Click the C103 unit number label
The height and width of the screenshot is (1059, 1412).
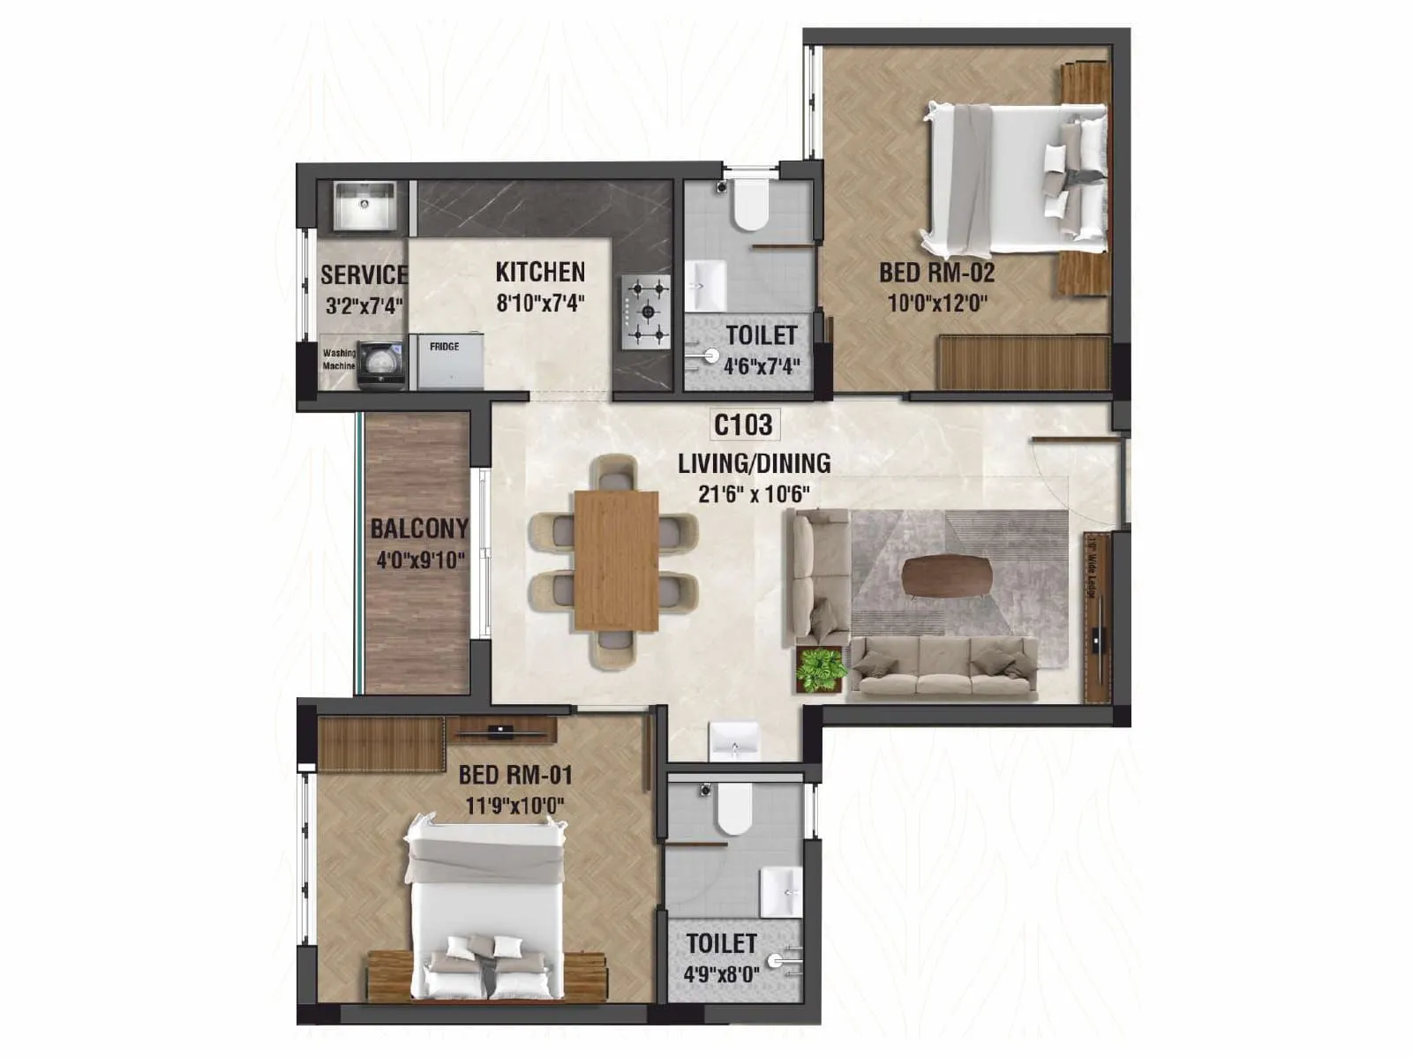(x=743, y=425)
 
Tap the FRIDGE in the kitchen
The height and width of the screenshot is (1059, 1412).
(x=450, y=361)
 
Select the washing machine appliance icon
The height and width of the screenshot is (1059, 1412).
(x=380, y=364)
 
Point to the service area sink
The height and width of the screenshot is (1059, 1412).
(x=364, y=206)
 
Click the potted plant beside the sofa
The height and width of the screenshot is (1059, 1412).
(x=820, y=668)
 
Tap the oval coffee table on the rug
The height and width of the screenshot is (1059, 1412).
(x=947, y=575)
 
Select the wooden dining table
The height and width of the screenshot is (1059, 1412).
(x=616, y=561)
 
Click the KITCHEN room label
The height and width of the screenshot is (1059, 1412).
(x=540, y=272)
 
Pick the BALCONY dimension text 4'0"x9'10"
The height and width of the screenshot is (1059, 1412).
(x=420, y=560)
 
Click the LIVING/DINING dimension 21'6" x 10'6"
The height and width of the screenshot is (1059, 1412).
(x=754, y=494)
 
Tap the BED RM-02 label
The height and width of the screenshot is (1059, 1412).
(x=937, y=273)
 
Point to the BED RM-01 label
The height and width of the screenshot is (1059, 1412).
(x=515, y=776)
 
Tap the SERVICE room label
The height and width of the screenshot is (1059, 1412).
(x=364, y=275)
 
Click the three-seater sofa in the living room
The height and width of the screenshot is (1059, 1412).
(x=943, y=669)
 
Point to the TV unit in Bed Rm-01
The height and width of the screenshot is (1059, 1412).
(x=501, y=730)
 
